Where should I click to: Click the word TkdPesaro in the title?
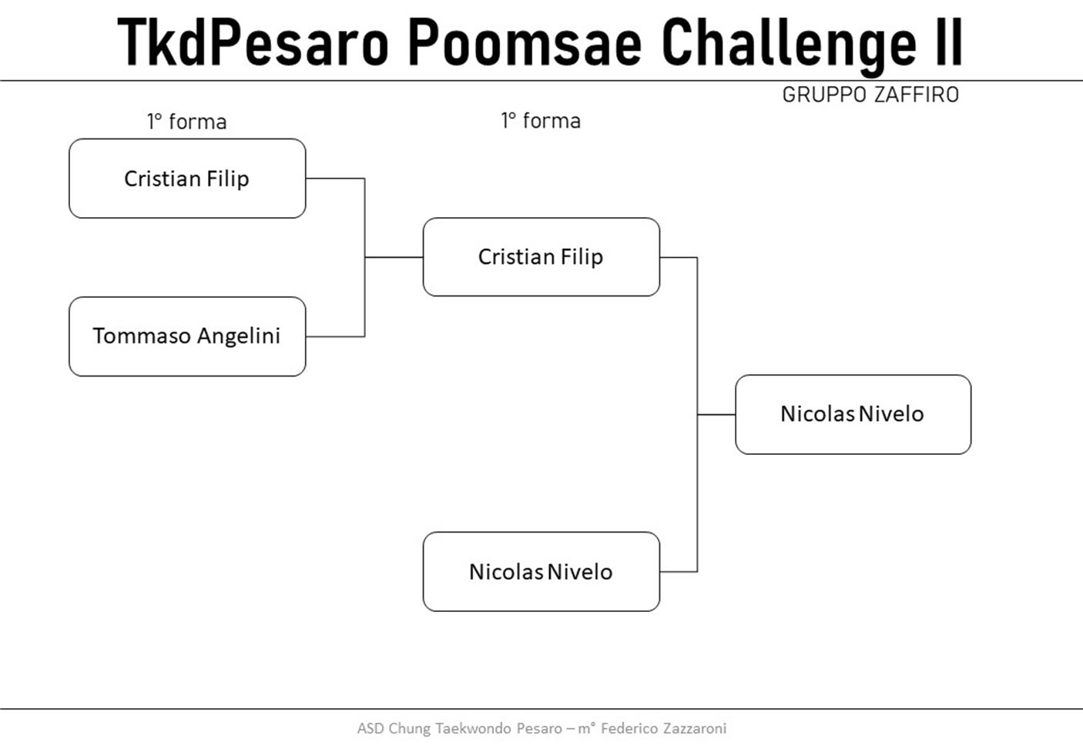[x=253, y=42]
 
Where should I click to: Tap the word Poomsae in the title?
[x=525, y=42]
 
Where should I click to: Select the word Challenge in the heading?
[x=789, y=46]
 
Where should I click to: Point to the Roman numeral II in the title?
[x=949, y=42]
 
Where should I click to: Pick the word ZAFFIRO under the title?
[x=917, y=95]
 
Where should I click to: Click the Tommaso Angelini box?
[x=187, y=336]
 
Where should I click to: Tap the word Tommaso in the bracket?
[x=142, y=336]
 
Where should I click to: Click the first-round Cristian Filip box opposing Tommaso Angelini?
[x=187, y=179]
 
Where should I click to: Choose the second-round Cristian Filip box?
[x=541, y=257]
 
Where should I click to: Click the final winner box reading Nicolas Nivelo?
[x=853, y=415]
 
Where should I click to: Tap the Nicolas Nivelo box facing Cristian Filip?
[x=541, y=572]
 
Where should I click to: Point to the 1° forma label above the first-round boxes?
[x=187, y=122]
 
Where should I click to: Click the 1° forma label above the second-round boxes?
[x=541, y=121]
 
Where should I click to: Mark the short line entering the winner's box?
[x=716, y=415]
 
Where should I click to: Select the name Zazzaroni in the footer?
[x=695, y=728]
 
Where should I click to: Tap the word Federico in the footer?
[x=629, y=728]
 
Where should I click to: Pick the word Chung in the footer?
[x=409, y=729]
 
